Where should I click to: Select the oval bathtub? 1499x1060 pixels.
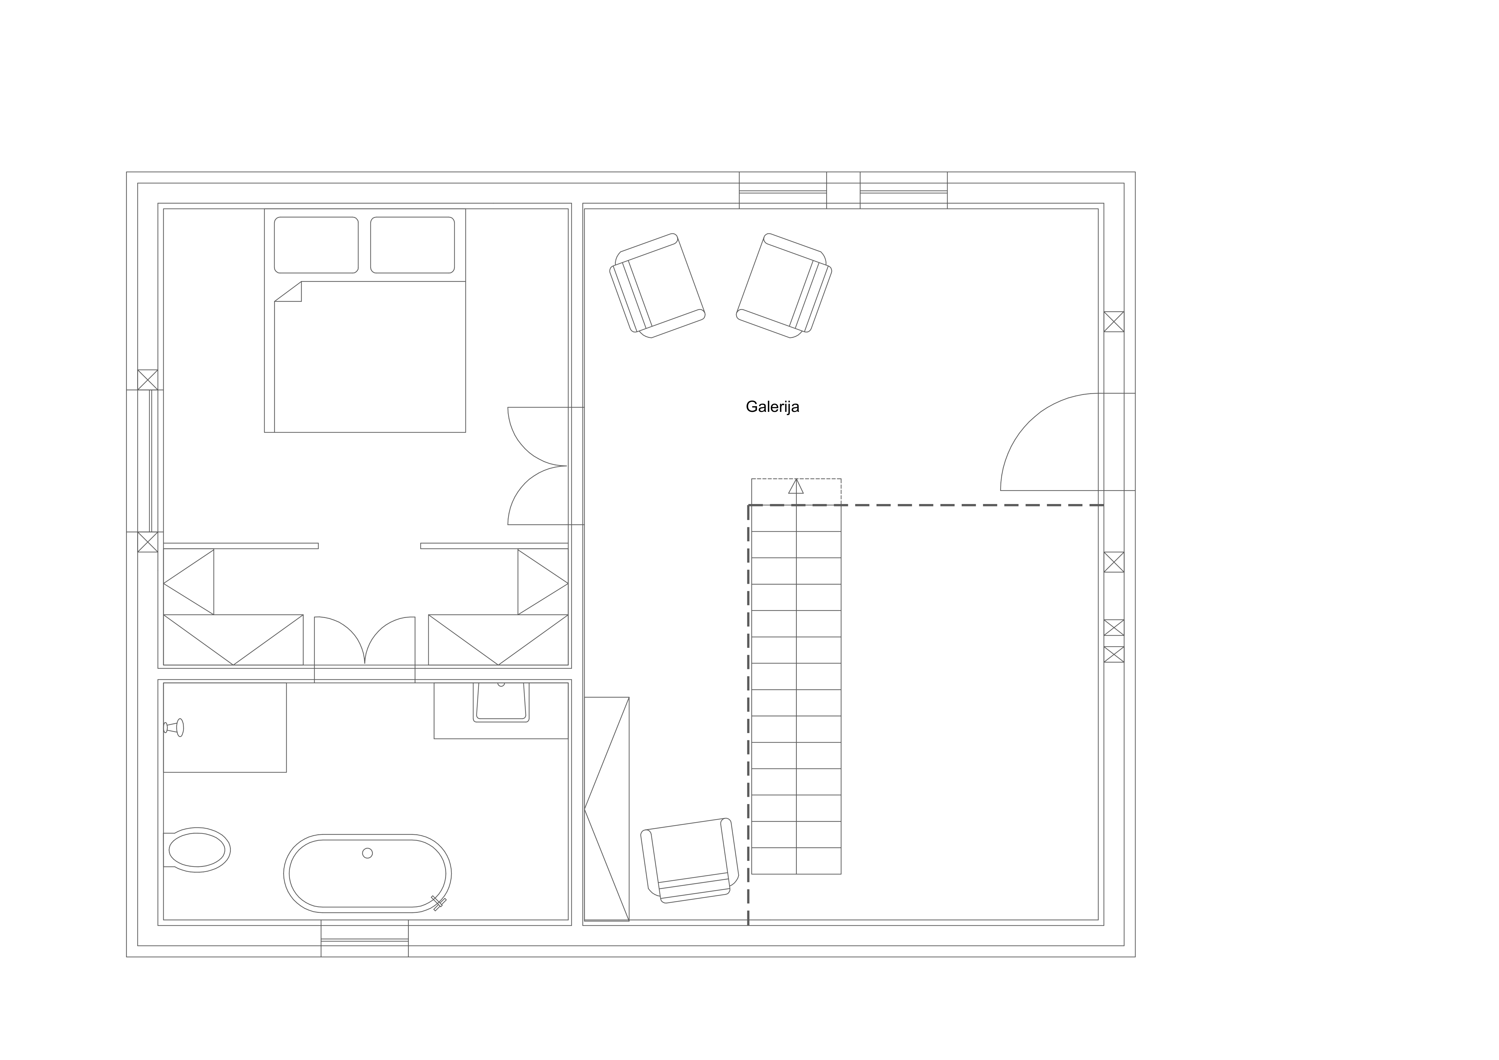pos(367,873)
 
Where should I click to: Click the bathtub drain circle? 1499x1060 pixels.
pos(367,853)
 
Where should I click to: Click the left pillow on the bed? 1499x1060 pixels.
pos(316,245)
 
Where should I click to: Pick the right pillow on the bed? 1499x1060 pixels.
pos(413,245)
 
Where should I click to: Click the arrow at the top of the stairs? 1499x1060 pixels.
pos(796,486)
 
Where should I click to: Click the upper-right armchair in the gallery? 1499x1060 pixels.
pos(784,285)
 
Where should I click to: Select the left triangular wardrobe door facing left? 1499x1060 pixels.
pos(189,582)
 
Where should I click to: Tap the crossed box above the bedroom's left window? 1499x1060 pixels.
pos(147,380)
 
